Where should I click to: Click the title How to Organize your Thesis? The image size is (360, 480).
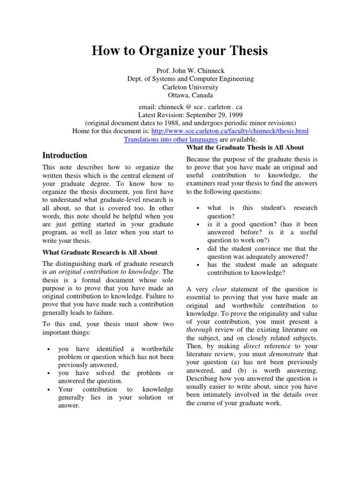pos(180,51)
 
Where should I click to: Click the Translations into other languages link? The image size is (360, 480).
pos(171,140)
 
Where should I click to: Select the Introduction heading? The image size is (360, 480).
pos(65,155)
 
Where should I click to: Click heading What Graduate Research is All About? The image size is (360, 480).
pos(100,252)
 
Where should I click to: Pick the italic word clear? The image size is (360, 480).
pos(219,289)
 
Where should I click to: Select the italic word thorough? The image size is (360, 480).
pos(199,330)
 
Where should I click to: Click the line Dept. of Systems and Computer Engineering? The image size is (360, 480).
pos(190,79)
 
